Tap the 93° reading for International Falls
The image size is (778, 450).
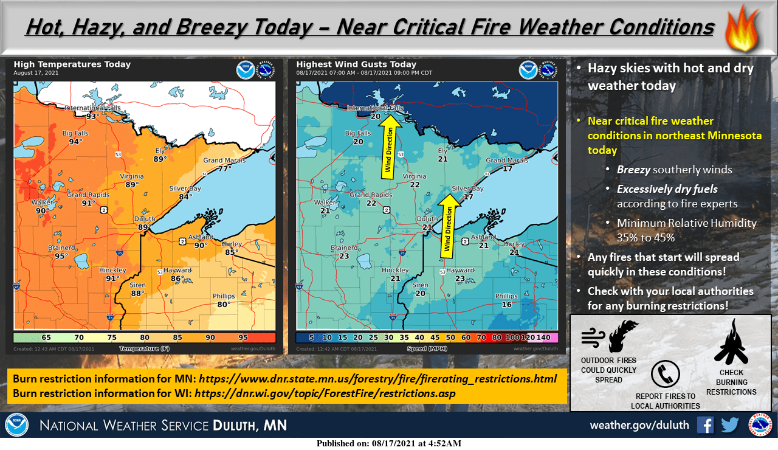click(92, 116)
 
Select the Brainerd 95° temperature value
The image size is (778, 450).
click(61, 256)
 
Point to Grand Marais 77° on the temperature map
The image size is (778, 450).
click(225, 169)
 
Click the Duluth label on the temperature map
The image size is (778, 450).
click(145, 219)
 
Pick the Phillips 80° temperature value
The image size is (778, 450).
click(224, 305)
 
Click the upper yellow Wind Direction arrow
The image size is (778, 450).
click(389, 146)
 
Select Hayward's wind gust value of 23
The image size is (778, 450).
click(460, 279)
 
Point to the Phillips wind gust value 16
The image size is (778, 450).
click(506, 305)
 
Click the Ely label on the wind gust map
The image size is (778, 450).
click(443, 151)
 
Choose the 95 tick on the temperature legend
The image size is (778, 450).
click(243, 337)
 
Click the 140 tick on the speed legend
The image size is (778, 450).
click(543, 337)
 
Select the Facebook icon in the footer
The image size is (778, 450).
click(706, 424)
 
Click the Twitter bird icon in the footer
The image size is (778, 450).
click(730, 424)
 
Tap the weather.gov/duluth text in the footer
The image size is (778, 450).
click(639, 425)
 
